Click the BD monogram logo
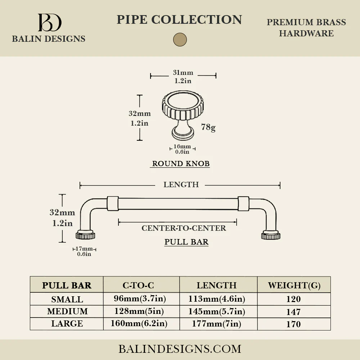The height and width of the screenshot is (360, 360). coord(50,22)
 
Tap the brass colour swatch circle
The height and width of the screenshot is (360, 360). coord(180,40)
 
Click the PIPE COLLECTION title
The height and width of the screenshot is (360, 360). coord(179,19)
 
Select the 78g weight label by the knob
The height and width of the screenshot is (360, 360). coord(208,127)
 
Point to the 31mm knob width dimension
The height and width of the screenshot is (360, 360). coord(183,73)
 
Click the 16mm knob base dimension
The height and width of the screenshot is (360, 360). coord(182,146)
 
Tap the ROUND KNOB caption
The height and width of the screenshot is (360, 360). coord(181,163)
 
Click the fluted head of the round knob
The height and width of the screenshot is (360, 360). coord(183,105)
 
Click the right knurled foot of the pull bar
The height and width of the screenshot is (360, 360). coord(271,235)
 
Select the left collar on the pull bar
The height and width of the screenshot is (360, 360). coord(113,203)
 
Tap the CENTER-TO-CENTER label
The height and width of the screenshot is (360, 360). coord(184,228)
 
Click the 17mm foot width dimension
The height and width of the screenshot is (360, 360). coord(84,249)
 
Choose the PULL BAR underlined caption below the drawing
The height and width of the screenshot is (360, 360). coord(186,242)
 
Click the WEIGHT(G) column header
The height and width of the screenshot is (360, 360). coord(294,285)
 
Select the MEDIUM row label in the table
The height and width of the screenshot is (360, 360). coord(67,311)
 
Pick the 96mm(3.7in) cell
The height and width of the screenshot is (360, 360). coord(140,298)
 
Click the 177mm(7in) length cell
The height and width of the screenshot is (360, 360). coord(216,324)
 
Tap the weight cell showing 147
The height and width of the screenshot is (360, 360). coord(293,312)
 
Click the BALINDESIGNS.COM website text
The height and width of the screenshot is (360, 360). coord(180,349)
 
